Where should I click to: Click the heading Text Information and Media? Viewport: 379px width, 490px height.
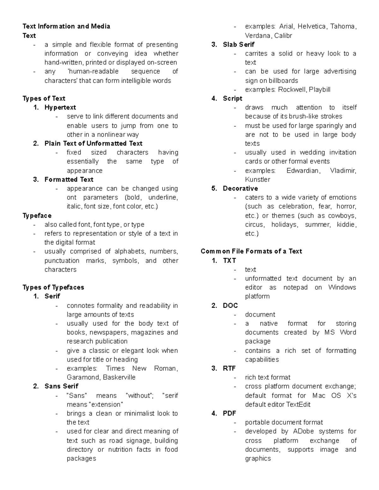click(66, 26)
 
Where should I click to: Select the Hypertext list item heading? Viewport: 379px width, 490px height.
click(60, 107)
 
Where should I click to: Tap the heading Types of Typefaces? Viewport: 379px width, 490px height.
click(53, 287)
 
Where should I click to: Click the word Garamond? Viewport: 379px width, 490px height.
click(82, 377)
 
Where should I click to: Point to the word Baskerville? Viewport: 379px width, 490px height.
click(119, 377)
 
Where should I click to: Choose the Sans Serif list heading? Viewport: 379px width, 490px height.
click(61, 386)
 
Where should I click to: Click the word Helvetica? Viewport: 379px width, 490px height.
click(312, 26)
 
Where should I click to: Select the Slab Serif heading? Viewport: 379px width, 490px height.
click(238, 44)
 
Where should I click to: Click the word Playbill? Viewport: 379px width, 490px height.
click(320, 89)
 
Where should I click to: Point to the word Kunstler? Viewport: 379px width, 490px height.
click(257, 180)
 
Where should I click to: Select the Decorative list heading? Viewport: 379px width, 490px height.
click(240, 188)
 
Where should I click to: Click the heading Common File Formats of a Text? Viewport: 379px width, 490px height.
click(251, 251)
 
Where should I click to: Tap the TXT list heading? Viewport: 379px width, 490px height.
click(229, 261)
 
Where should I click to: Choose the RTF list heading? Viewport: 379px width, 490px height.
click(229, 368)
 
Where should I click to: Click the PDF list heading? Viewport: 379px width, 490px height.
click(229, 413)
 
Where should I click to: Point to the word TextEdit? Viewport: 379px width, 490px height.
click(298, 404)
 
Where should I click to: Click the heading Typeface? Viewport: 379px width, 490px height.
click(37, 215)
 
